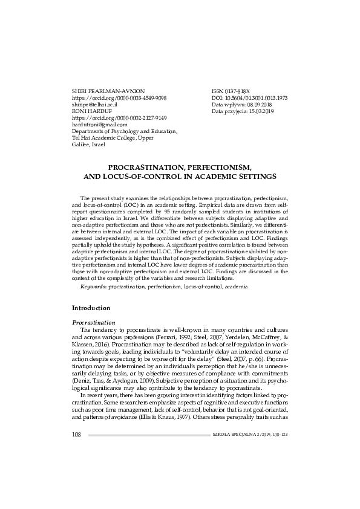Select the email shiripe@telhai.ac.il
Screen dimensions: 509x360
point(94,104)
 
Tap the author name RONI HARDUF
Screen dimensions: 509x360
point(91,111)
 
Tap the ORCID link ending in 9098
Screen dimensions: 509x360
point(119,97)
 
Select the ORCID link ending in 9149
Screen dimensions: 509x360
point(119,118)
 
